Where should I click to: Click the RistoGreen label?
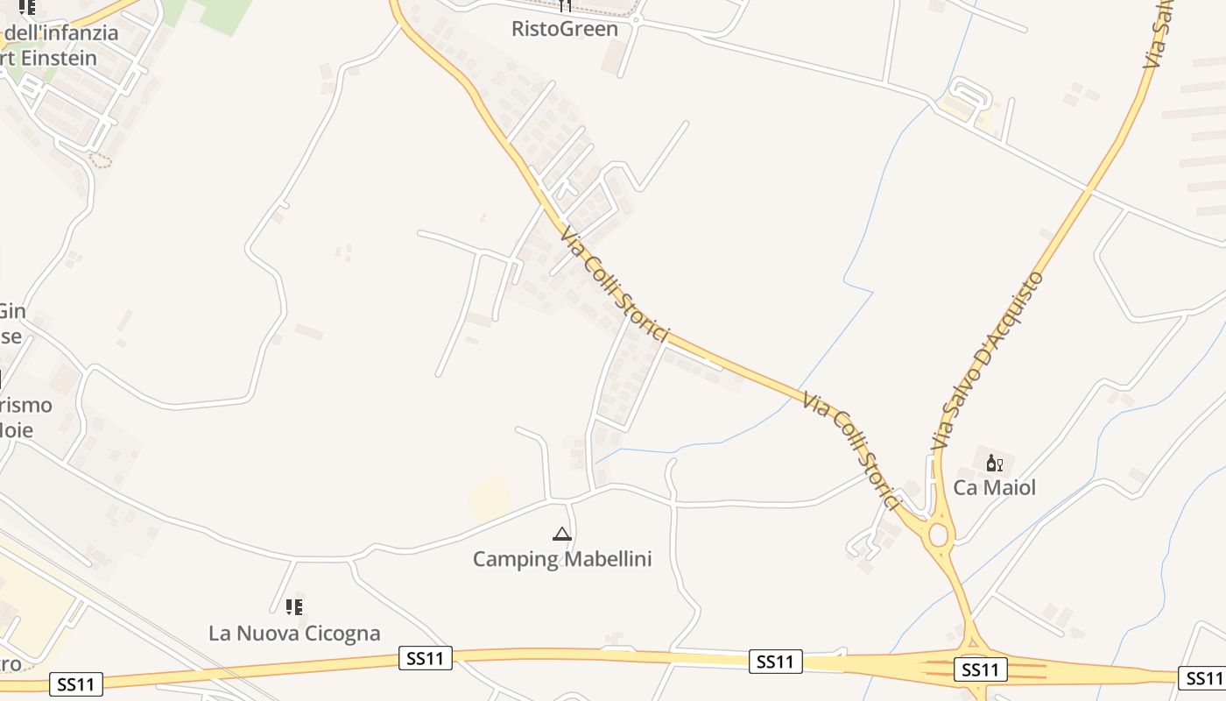[565, 29]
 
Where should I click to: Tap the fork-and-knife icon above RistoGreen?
[565, 6]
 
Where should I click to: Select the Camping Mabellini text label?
[562, 559]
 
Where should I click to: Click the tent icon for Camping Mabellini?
[562, 533]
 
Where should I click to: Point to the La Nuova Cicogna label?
[294, 633]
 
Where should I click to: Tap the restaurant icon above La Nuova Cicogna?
[294, 606]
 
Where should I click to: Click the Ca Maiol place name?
[994, 488]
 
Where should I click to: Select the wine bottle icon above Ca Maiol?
[994, 463]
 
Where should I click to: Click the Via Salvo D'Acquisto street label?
[988, 361]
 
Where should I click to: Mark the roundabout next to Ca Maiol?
[940, 534]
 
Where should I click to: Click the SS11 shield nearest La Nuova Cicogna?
[426, 658]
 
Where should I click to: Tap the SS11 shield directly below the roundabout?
[980, 670]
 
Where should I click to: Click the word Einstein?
[61, 58]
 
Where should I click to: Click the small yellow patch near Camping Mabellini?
[489, 498]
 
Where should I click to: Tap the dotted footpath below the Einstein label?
[102, 161]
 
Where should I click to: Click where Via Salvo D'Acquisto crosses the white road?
[1089, 188]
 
